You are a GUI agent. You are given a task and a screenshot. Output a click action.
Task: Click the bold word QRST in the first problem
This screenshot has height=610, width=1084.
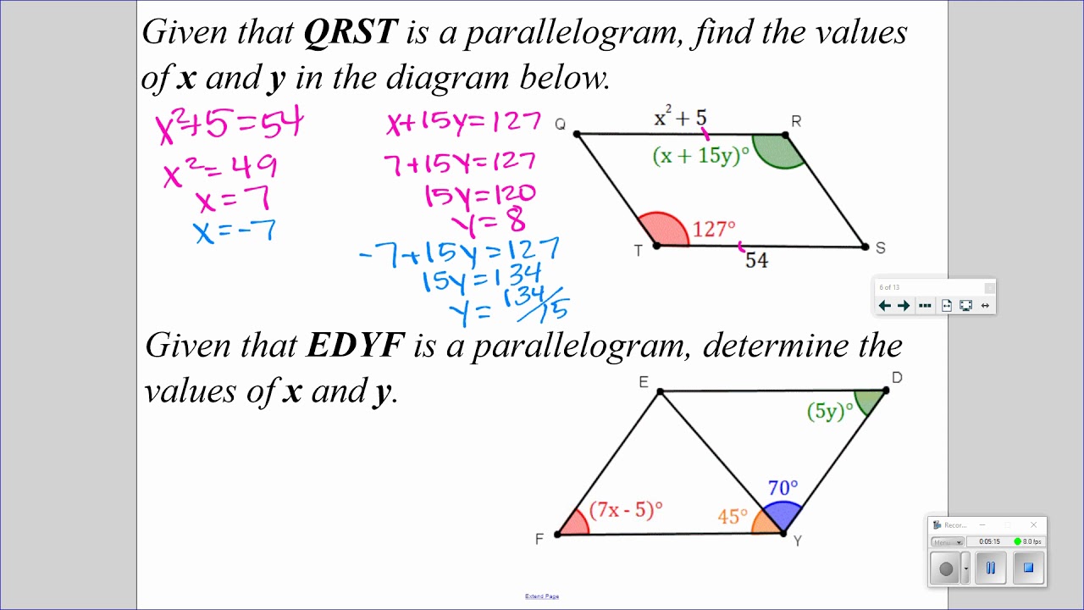click(350, 32)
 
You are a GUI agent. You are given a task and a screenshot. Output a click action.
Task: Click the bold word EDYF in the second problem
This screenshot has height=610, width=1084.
click(356, 346)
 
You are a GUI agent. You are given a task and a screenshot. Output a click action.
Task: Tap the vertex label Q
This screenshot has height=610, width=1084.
click(560, 125)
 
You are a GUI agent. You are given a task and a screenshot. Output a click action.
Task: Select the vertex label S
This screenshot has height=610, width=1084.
click(881, 247)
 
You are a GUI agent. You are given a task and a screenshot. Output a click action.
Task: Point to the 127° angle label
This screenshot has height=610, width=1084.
click(714, 230)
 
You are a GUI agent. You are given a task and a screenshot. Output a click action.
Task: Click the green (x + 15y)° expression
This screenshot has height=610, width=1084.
click(701, 156)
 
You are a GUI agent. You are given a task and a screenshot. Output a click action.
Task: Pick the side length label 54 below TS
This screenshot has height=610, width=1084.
click(756, 261)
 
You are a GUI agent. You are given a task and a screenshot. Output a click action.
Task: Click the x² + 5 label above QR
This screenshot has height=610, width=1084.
click(680, 119)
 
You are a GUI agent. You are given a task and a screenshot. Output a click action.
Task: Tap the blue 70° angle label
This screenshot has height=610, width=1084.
click(783, 488)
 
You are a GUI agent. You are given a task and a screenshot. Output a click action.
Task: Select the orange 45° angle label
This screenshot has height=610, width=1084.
click(733, 516)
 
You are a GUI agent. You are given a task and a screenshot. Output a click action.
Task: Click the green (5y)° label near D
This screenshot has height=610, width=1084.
click(830, 412)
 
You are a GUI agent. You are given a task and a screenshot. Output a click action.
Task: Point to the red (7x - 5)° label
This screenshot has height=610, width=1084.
click(626, 510)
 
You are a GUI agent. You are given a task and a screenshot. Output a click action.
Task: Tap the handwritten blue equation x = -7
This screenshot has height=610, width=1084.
click(235, 230)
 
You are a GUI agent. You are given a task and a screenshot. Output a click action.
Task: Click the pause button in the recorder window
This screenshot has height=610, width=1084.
click(990, 568)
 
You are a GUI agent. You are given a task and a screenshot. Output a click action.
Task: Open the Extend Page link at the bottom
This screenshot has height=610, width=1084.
click(542, 596)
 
